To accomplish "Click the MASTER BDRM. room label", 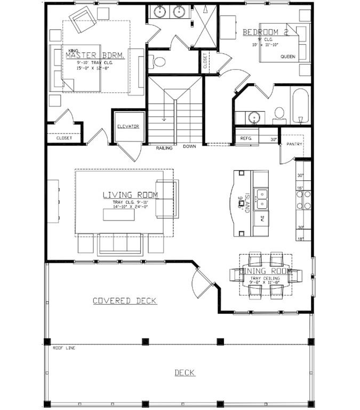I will click(95, 56).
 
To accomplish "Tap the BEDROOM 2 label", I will click(265, 33).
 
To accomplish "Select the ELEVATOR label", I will click(128, 127).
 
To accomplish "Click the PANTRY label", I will click(294, 144).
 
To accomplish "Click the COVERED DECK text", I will click(125, 301).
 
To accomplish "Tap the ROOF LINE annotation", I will click(64, 348).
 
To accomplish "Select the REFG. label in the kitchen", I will click(246, 138).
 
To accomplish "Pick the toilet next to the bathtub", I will click(279, 113).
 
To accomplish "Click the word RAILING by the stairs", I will click(164, 148).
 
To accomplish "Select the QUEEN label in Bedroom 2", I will click(287, 56).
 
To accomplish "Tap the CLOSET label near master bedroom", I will click(64, 138).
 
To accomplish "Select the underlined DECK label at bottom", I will click(185, 373).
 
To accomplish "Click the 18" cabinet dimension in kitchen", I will click(301, 239).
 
